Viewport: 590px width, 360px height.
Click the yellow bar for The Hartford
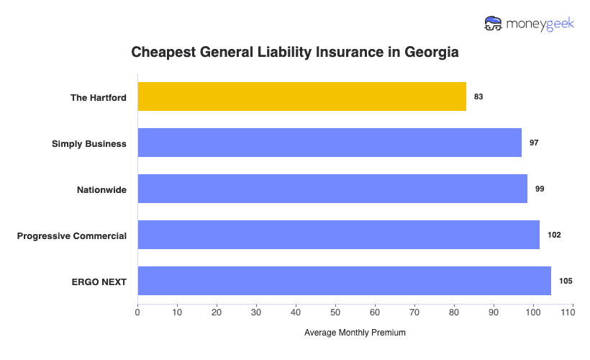click(301, 96)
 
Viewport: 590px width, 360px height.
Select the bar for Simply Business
click(330, 143)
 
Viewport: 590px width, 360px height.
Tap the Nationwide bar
click(332, 189)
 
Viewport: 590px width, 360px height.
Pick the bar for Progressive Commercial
click(338, 235)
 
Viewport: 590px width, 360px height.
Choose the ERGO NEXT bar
click(344, 281)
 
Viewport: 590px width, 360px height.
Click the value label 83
click(478, 96)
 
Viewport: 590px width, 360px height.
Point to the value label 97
click(534, 143)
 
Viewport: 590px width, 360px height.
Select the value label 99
click(540, 189)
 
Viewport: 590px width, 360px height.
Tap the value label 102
click(554, 235)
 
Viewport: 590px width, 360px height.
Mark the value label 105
click(566, 281)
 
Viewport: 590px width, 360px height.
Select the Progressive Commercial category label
click(72, 235)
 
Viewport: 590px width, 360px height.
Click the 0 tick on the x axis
click(137, 312)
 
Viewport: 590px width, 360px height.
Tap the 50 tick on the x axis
click(335, 312)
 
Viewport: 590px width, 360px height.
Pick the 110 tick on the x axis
click(573, 312)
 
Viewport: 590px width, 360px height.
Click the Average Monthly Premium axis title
click(355, 333)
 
